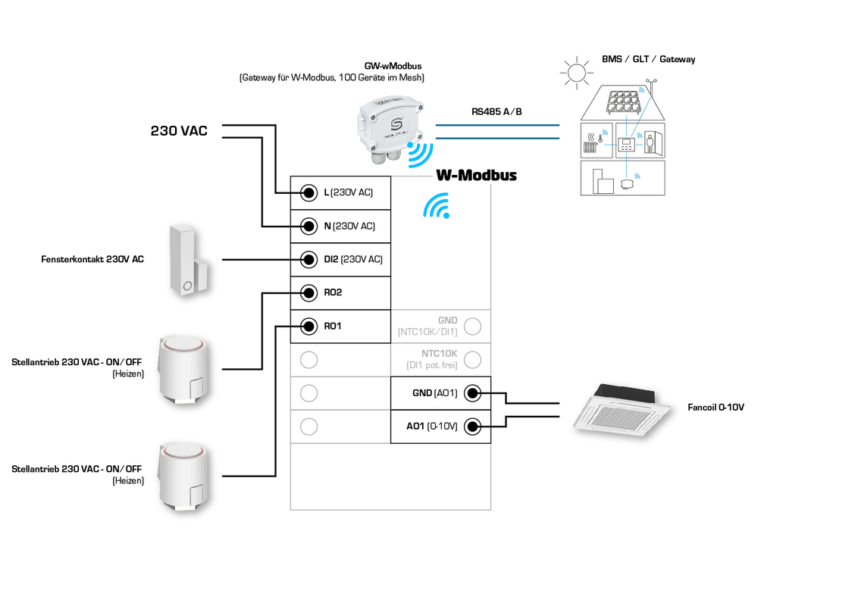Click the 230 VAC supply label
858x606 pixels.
coord(179,131)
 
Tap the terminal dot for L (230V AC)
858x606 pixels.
coord(308,192)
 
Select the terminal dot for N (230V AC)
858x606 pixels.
coord(308,226)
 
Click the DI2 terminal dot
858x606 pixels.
coord(308,259)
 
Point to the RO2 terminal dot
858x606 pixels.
coord(308,292)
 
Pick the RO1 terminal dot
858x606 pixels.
coord(308,326)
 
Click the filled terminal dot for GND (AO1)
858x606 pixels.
coord(472,393)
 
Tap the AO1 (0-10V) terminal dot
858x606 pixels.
coord(472,426)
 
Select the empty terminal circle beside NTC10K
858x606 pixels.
coord(472,360)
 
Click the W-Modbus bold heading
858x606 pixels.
coord(476,175)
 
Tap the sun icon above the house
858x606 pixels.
coord(575,73)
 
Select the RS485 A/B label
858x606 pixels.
coord(496,112)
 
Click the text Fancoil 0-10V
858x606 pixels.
coord(716,408)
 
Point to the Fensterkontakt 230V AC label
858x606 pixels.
coord(92,260)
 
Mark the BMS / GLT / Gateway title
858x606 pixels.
coord(648,59)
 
